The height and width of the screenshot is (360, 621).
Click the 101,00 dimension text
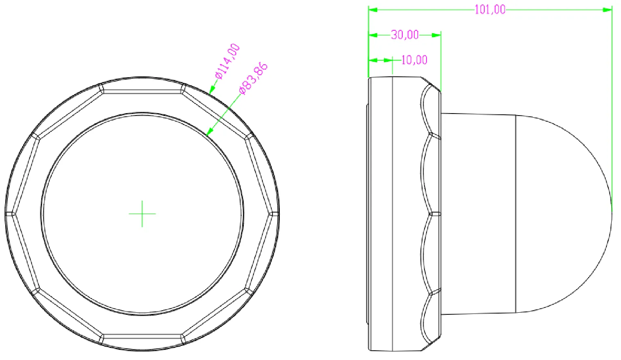coord(490,9)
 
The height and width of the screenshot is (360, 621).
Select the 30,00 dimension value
coord(405,35)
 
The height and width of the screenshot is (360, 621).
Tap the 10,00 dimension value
coord(414,60)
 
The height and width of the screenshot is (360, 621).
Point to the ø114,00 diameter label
coord(227,61)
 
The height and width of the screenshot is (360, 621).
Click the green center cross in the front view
coord(142,213)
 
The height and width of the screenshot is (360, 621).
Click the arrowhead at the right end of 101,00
coord(608,9)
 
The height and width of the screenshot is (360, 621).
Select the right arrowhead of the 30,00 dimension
coord(436,35)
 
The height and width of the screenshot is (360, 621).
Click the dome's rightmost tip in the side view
coord(612,213)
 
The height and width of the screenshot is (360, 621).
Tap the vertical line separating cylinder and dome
coord(516,213)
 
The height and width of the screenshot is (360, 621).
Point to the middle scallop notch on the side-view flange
coord(435,213)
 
